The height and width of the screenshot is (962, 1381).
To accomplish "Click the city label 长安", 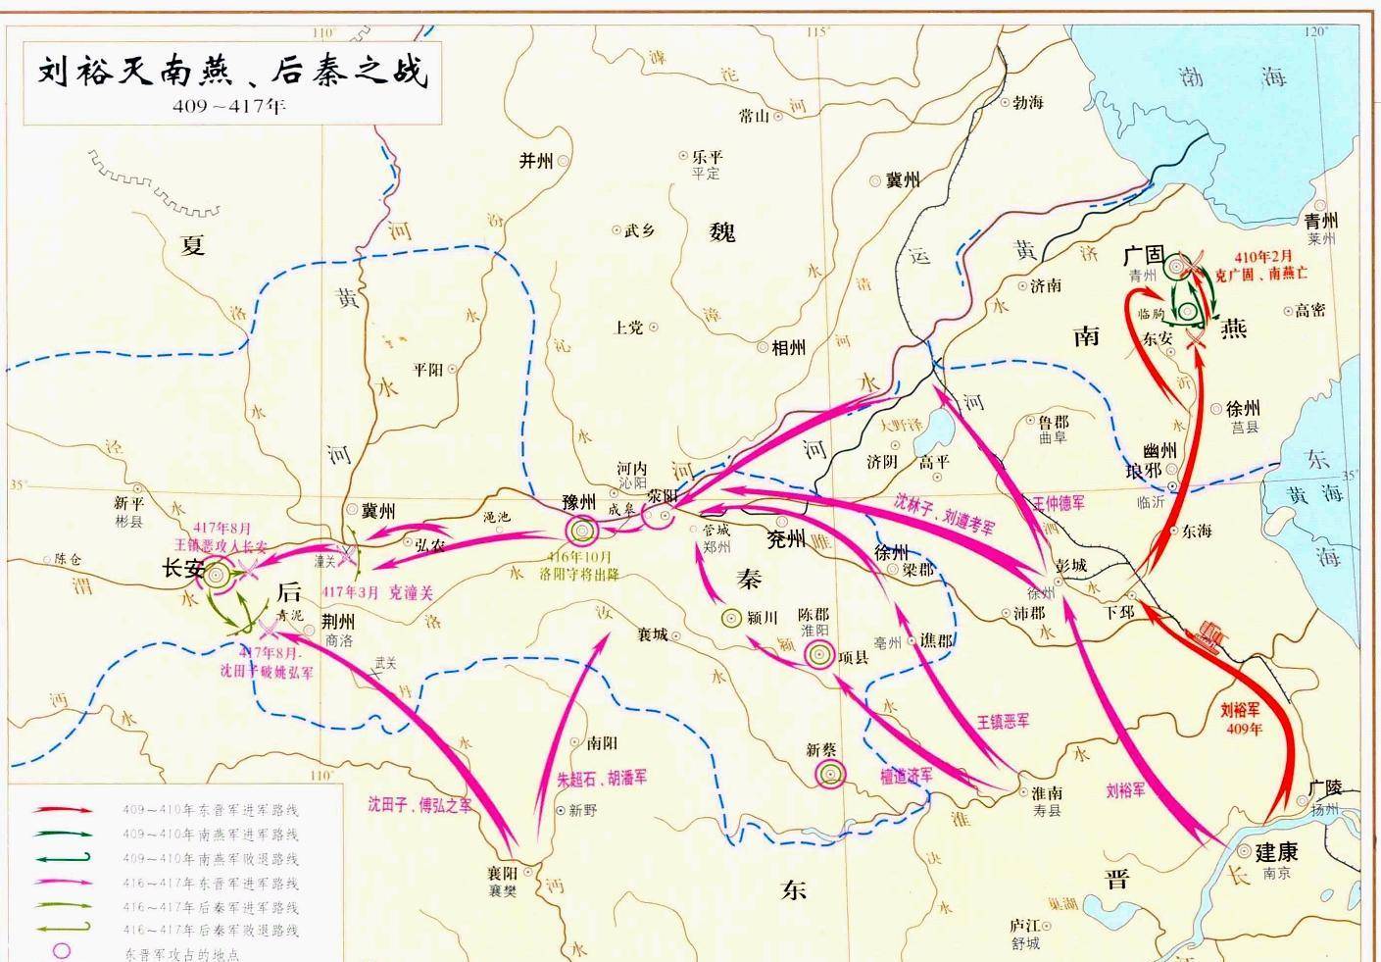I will pos(183,568).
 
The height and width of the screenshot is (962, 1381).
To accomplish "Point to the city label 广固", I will pos(1143,256).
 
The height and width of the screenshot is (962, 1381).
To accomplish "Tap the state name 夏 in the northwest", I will pos(193,245).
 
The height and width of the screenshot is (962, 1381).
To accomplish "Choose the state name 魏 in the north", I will pos(722,232).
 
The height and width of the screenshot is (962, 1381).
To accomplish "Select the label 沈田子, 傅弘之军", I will pos(419,804).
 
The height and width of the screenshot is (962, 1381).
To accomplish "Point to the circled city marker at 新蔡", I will pos(829,776).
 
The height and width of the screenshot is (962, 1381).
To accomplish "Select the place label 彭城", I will pos(1071,566).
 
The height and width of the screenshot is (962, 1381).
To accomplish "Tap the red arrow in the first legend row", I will pos(64,810).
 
